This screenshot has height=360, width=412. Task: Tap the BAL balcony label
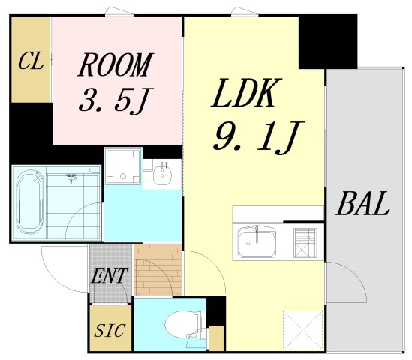point(362,204)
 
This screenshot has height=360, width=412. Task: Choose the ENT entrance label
point(109,276)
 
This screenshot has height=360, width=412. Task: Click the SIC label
point(109,330)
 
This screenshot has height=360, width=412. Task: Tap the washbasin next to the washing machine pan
point(161,176)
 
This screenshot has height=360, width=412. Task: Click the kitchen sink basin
point(257,242)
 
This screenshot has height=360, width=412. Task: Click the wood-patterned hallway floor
point(158,268)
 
